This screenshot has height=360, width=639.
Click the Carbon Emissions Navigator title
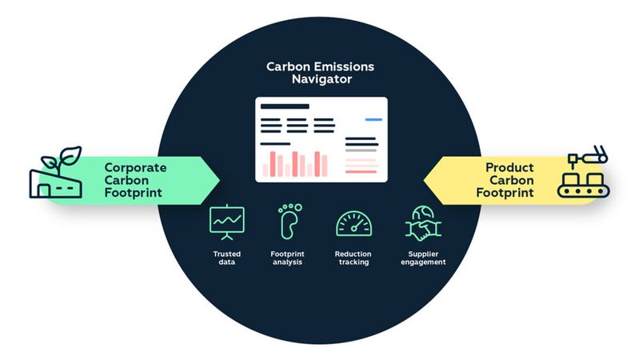click(319, 73)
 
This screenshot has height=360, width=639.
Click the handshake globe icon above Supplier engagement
click(419, 221)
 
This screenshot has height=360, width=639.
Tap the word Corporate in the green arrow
click(135, 168)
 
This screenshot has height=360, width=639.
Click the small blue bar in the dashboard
click(373, 120)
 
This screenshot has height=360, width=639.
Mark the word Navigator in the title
click(319, 80)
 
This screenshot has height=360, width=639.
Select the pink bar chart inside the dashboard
click(295, 162)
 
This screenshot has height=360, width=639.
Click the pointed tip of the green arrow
click(221, 180)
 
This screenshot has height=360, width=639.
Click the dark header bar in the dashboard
click(286, 106)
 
